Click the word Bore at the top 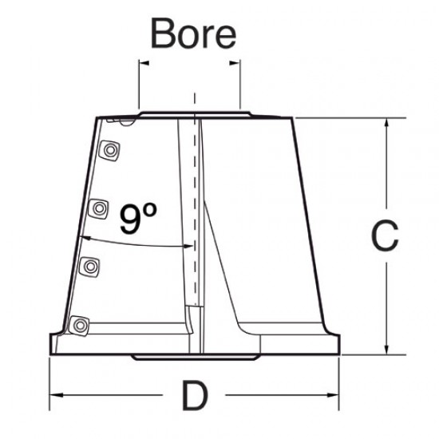click(x=194, y=34)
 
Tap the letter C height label click(x=386, y=236)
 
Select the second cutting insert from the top click(x=99, y=208)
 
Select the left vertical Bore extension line click(x=139, y=84)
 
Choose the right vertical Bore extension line click(x=239, y=84)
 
